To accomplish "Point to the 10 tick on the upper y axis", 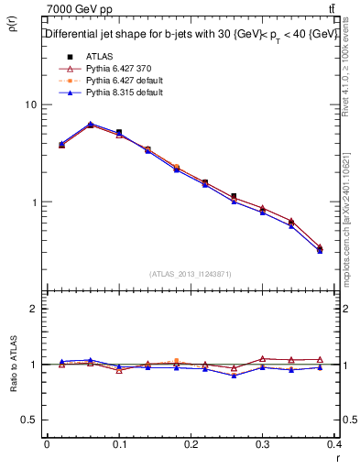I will tap(31, 104).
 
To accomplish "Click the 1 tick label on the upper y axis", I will tap(34, 202).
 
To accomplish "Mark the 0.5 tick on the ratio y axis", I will tap(29, 420).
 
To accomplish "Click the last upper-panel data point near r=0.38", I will tap(319, 248).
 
